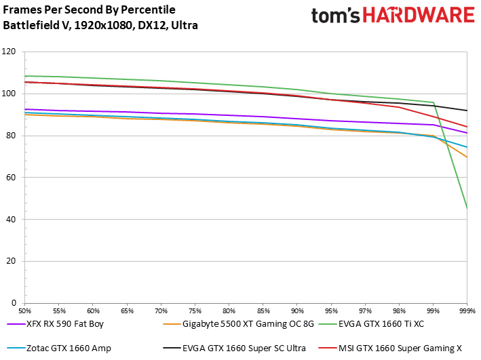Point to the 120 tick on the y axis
(x=9, y=52)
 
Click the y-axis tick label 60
(x=11, y=177)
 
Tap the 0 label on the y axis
(x=14, y=303)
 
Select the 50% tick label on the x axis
(x=25, y=311)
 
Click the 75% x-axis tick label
(x=195, y=311)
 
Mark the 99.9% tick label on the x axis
(x=467, y=311)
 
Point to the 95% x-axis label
(x=331, y=311)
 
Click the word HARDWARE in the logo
(x=419, y=15)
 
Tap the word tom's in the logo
(x=335, y=16)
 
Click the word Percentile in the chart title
(x=148, y=9)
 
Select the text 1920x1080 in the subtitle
(x=103, y=25)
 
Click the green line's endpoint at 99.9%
(x=467, y=209)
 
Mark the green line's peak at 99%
(x=433, y=102)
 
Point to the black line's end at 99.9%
(x=467, y=111)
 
